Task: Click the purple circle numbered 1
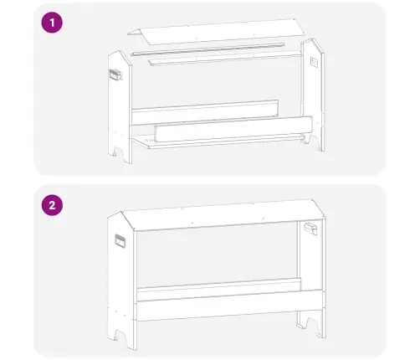52,23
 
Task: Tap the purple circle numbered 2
52,205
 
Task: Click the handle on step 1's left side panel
116,75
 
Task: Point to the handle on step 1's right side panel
314,62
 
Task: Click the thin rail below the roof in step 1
207,49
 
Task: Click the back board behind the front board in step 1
205,110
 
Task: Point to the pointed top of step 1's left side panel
120,51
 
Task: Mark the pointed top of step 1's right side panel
313,39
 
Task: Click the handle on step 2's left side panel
120,241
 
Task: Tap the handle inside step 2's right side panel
310,229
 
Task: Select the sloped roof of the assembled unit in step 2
223,214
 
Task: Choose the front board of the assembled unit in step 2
229,306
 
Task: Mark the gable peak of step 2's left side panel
120,213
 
